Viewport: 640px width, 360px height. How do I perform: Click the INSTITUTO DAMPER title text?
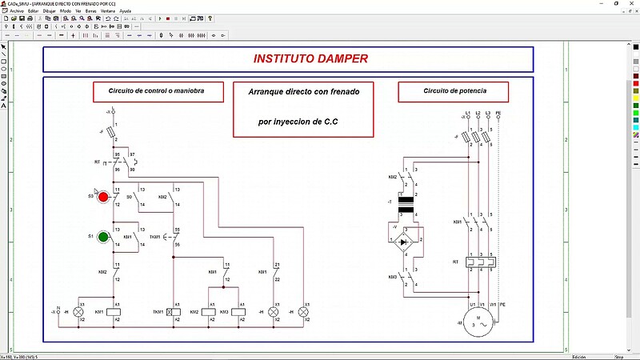click(310, 59)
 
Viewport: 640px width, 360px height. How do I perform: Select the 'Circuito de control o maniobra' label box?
click(155, 92)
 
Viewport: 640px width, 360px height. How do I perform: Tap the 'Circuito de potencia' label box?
click(454, 92)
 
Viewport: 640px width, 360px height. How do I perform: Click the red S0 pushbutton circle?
click(102, 196)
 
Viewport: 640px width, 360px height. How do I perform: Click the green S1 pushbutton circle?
click(102, 238)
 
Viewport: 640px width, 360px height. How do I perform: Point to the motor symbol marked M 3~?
click(478, 322)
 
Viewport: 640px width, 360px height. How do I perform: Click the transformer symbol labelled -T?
click(405, 206)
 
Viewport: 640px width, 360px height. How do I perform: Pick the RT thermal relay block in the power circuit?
click(478, 262)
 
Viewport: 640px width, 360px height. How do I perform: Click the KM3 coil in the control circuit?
click(237, 311)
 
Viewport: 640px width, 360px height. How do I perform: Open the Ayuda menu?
click(126, 11)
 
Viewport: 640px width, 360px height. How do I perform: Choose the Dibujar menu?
click(52, 11)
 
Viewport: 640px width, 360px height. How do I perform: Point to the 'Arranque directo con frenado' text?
click(304, 92)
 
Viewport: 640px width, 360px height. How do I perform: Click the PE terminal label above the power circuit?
click(498, 113)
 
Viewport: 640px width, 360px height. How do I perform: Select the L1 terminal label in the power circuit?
click(467, 113)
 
